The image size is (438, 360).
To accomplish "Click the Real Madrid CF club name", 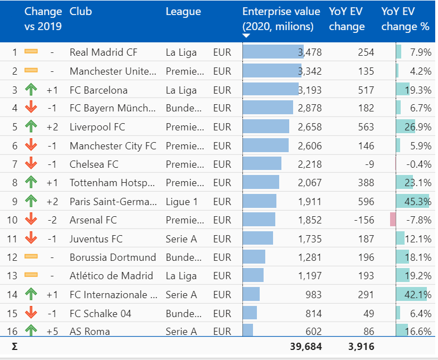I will tap(103, 52).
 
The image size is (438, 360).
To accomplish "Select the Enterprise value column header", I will tap(281, 19).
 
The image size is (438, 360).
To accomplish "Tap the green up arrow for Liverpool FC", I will tap(31, 127).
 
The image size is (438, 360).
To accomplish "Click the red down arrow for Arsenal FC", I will tap(31, 220).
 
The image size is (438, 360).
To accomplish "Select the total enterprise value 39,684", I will tap(306, 347).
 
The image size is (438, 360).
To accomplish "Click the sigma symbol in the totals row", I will tap(14, 347).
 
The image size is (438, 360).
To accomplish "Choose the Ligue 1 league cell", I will tap(178, 201).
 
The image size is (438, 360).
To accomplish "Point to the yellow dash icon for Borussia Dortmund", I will tap(31, 257).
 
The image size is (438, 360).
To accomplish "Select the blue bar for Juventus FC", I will tap(258, 239).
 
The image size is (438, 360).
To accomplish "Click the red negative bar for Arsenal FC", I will tap(393, 220).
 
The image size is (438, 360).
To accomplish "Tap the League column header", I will tap(183, 12).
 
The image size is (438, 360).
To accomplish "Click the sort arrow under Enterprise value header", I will tap(246, 36).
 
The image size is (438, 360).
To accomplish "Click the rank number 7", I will tap(14, 164).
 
